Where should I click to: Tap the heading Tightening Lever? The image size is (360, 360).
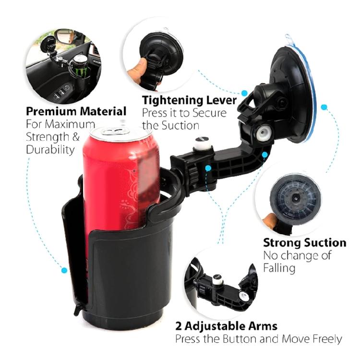[189, 100]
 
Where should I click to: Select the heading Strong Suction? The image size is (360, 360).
[304, 242]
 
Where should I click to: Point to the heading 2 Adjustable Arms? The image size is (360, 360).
[226, 326]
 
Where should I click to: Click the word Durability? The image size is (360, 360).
[50, 150]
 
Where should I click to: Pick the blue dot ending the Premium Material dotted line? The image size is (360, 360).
[64, 271]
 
